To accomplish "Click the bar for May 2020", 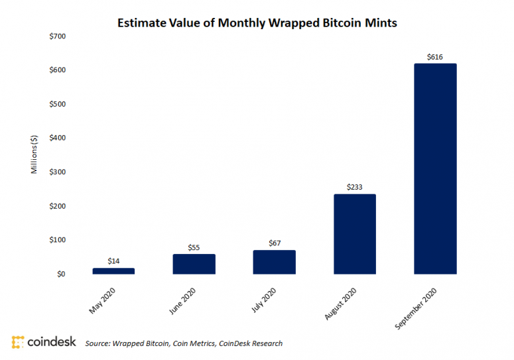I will (x=113, y=270).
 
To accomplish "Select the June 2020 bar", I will (x=194, y=264).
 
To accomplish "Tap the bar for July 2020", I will (x=274, y=262).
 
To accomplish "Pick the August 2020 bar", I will (x=355, y=233).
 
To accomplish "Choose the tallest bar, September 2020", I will (x=435, y=168).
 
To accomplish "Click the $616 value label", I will (x=435, y=58).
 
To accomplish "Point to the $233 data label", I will (x=355, y=188).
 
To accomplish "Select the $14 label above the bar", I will (x=113, y=261).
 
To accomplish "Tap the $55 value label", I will (x=194, y=247).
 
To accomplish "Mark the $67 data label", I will (x=274, y=243).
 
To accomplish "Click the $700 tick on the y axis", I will (x=58, y=36).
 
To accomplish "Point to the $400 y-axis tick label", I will (x=58, y=138).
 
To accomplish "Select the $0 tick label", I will (x=62, y=274).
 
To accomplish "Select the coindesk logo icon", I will (x=18, y=342).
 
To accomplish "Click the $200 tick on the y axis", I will (x=58, y=206).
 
